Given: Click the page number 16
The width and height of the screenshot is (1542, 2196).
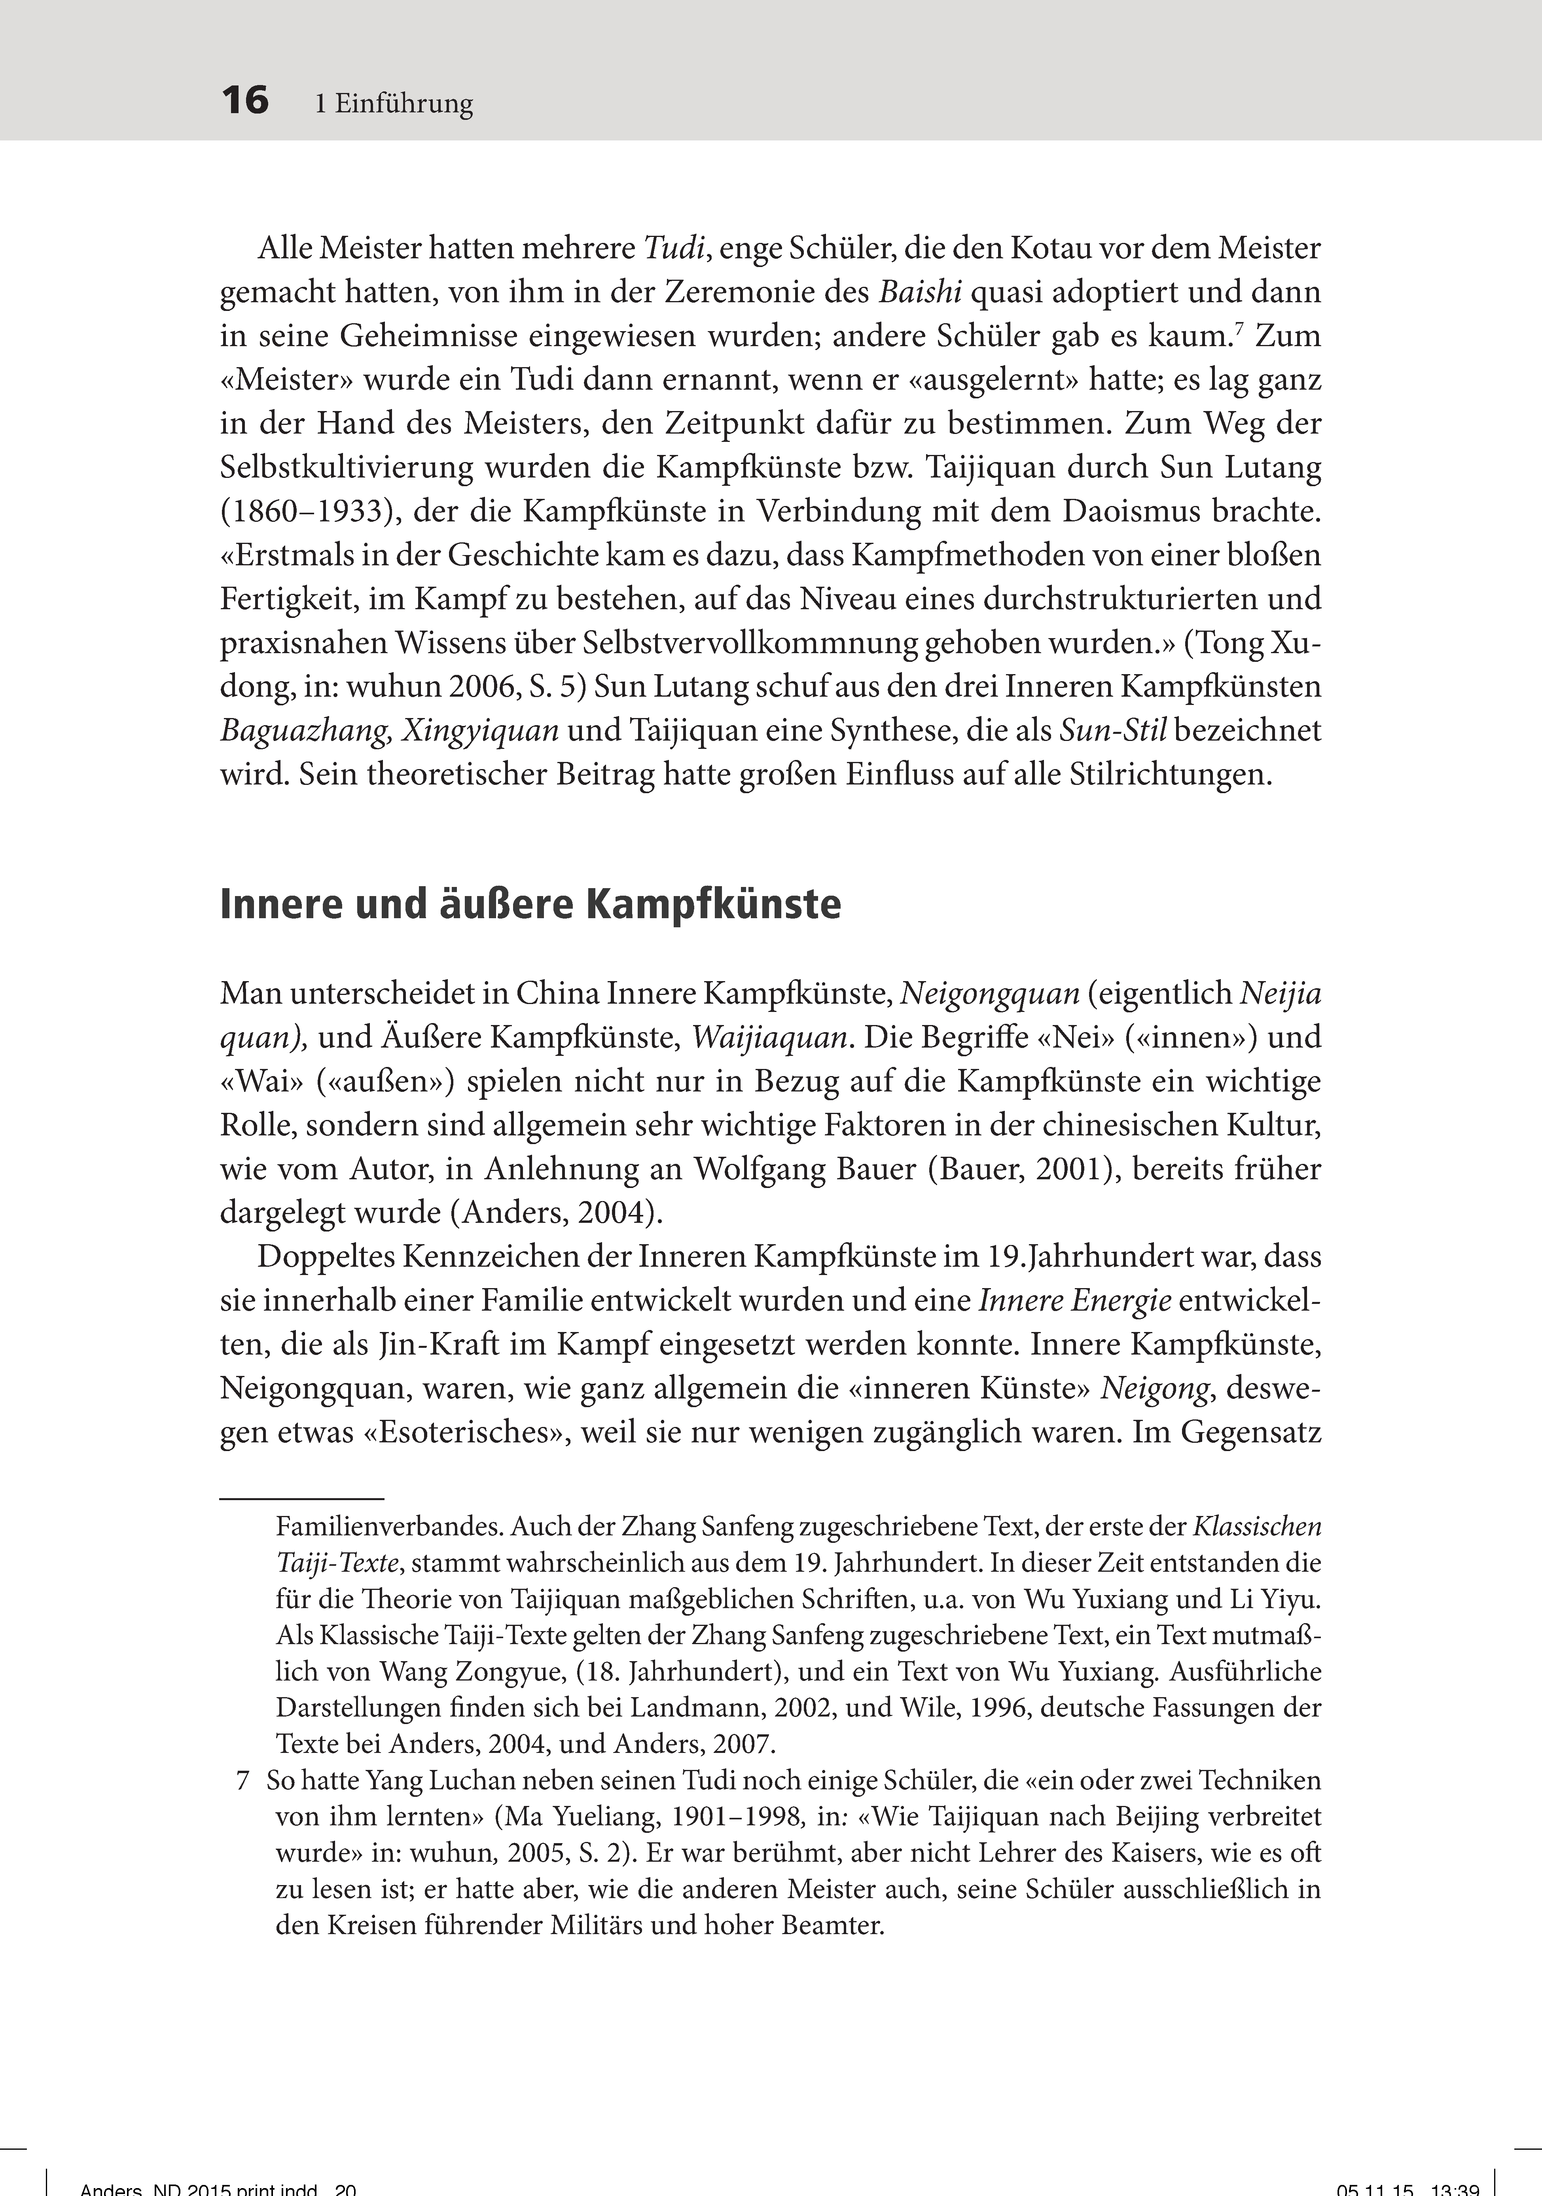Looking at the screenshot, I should pyautogui.click(x=245, y=100).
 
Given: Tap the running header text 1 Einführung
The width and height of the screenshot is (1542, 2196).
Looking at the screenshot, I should pyautogui.click(x=394, y=103).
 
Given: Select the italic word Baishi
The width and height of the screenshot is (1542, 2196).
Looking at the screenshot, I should pyautogui.click(x=920, y=292).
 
